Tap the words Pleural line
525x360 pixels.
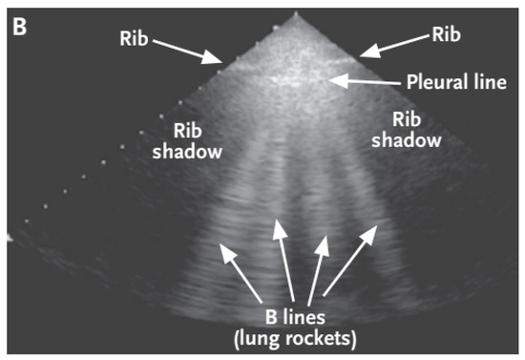tap(453, 83)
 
